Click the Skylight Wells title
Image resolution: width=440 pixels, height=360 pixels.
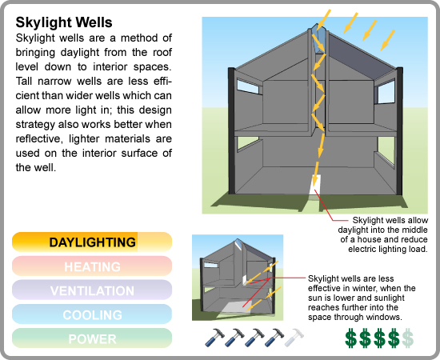64,22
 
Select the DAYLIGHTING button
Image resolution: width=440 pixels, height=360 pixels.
92,242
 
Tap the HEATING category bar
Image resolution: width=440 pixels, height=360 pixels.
92,266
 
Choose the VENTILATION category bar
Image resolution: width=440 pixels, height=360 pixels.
92,290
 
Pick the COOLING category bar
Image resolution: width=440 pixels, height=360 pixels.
92,314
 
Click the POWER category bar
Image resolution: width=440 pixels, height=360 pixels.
92,338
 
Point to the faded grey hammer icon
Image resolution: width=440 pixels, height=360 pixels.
294,338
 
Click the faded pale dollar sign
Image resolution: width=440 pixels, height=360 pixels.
407,338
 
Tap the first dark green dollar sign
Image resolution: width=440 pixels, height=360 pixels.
350,338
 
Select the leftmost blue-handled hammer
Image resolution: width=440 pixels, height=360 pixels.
214,338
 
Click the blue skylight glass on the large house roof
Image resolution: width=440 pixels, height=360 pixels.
317,39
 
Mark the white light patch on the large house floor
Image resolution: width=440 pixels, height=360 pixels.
314,186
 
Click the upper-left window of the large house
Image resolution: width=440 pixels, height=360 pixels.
248,86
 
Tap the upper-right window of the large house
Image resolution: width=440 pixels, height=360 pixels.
386,92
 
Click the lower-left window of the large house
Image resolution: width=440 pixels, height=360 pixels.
248,143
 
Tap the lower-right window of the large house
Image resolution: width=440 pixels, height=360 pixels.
386,150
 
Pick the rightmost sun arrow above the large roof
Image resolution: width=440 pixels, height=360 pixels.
387,40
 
